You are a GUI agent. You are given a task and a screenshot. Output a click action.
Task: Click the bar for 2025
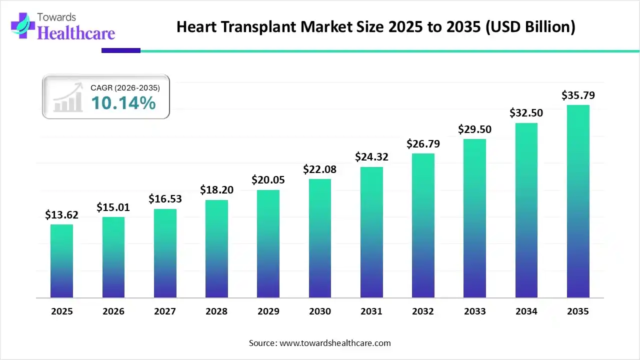(61, 261)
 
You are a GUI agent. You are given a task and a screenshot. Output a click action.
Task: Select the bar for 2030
(320, 238)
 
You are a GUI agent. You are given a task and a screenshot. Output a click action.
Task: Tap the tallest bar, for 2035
(578, 201)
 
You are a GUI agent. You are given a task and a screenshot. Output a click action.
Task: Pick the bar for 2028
(216, 249)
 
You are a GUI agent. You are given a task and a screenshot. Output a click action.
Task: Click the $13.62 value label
(61, 215)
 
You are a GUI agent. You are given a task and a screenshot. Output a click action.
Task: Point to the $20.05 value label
(268, 180)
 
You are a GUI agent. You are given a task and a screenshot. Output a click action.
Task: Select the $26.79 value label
(423, 143)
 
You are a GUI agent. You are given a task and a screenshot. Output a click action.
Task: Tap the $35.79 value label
(578, 95)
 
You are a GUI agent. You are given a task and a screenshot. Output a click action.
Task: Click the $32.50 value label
(526, 113)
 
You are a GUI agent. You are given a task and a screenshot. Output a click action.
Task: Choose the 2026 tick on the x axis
(113, 311)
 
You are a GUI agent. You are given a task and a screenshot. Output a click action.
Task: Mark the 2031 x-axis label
(371, 311)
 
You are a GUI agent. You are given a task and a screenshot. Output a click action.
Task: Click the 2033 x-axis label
(474, 311)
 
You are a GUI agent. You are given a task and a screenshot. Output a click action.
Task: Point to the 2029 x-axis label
(268, 311)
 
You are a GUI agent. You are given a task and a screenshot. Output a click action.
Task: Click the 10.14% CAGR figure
(123, 103)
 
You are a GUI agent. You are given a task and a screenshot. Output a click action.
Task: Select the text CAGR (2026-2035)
(125, 88)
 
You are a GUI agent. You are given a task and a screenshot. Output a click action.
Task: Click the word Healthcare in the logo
(76, 33)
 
